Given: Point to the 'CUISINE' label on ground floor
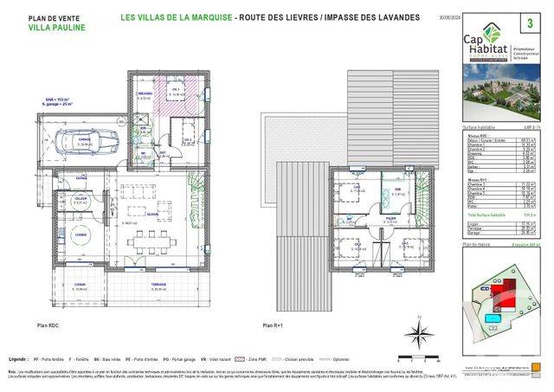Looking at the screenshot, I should (81, 234).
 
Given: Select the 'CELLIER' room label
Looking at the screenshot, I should (81, 198).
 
